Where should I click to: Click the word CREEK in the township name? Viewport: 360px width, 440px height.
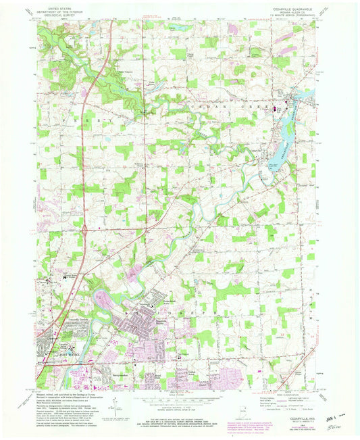(258, 106)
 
